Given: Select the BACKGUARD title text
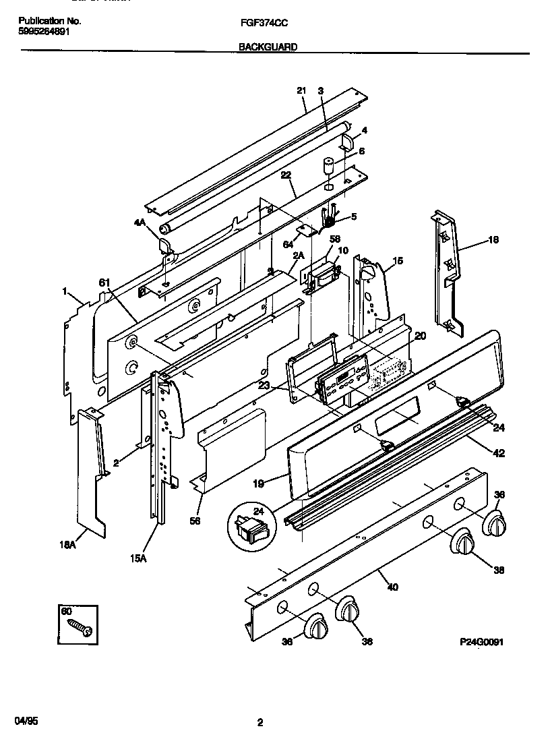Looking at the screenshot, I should coord(268,47).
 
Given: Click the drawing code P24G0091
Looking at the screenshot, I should coord(482,643).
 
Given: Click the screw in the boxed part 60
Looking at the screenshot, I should coord(80,626).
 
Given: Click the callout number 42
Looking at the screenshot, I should coord(499,453).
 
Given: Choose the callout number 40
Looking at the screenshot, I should coord(392,587).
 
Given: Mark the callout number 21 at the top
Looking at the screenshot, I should coord(301,90).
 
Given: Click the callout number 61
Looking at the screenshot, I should coord(103,283).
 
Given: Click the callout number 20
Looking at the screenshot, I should coord(419,336).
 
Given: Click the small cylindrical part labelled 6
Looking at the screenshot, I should coord(329,166).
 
